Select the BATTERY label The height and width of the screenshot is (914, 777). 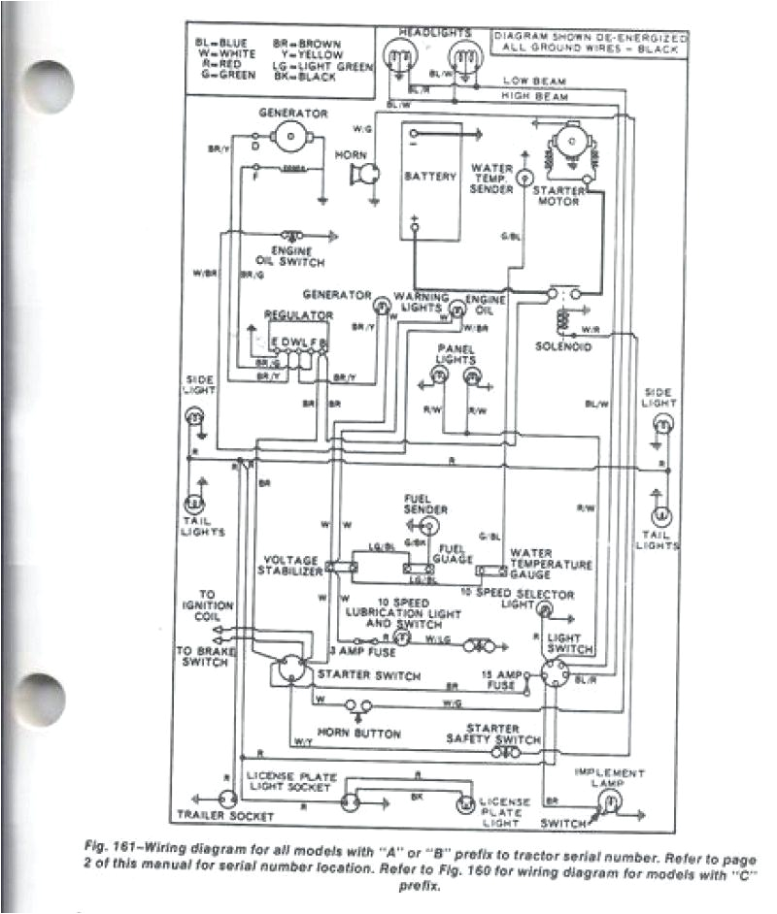[x=431, y=177]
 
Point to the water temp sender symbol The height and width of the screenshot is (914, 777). [x=523, y=177]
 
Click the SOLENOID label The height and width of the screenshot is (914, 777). [x=563, y=346]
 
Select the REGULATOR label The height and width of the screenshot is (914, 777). [x=299, y=315]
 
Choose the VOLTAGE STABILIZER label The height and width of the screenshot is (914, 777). [x=292, y=567]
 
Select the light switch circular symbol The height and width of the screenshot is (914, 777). [x=554, y=672]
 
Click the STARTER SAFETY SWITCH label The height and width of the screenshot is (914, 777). [x=503, y=734]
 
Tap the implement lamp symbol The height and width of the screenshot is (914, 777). [x=607, y=800]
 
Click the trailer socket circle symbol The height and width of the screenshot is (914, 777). [x=227, y=799]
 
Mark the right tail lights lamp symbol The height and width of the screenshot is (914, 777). [x=660, y=513]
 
